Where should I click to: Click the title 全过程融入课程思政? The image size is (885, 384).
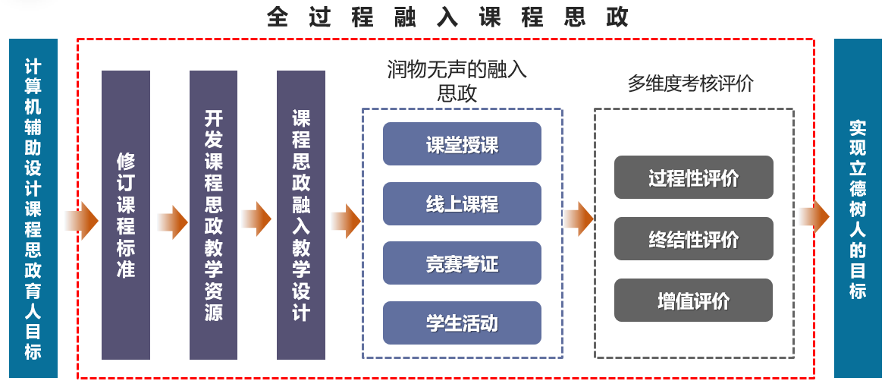[447, 17]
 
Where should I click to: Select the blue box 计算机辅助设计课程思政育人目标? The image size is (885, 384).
[33, 208]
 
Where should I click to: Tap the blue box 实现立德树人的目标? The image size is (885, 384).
[858, 208]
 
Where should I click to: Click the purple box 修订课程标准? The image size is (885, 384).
[126, 215]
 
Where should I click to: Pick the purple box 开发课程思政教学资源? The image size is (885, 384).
[213, 215]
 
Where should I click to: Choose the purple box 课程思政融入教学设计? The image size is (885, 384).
[301, 215]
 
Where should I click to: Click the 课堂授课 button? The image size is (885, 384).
[462, 144]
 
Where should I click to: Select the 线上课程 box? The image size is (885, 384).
[462, 204]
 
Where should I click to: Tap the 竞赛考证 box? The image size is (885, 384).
[462, 263]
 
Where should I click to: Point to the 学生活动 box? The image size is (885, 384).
[462, 323]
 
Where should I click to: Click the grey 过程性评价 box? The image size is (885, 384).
[693, 178]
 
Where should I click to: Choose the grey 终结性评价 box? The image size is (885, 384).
[693, 239]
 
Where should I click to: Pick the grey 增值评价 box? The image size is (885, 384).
[693, 301]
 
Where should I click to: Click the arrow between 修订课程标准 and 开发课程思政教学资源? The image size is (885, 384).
[172, 221]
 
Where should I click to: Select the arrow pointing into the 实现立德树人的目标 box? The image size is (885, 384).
[814, 218]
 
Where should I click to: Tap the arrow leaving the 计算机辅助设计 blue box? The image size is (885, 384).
[80, 220]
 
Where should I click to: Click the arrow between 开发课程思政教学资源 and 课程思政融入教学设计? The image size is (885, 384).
[256, 219]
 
